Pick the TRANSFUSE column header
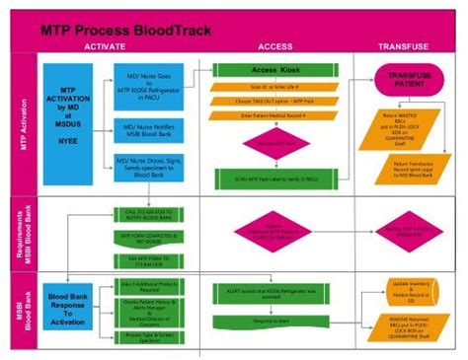407,47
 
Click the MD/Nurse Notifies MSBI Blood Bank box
147,128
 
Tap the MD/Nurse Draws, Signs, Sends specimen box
147,168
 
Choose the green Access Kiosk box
273,71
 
